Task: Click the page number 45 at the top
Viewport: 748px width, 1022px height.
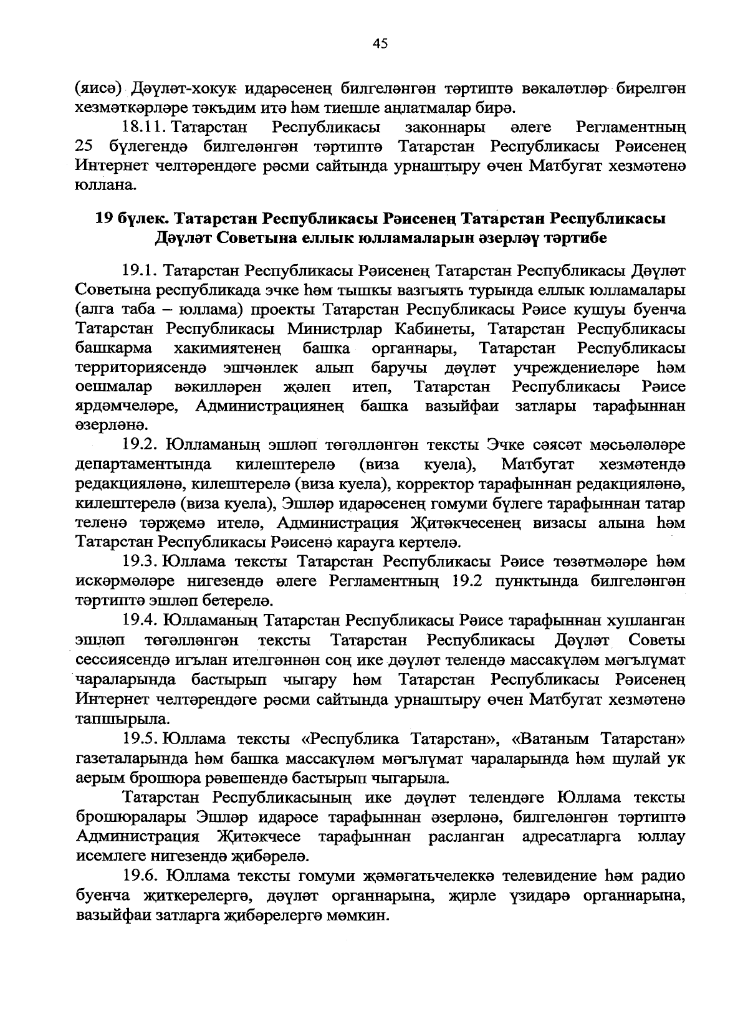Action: pyautogui.click(x=380, y=43)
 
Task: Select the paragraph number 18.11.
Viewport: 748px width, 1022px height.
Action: pyautogui.click(x=143, y=128)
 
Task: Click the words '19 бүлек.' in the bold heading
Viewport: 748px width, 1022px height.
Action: pyautogui.click(x=130, y=219)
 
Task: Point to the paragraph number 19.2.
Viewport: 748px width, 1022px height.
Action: pyautogui.click(x=142, y=446)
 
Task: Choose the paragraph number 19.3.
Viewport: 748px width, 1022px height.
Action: pyautogui.click(x=141, y=562)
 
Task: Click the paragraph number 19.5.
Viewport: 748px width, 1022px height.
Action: pyautogui.click(x=141, y=740)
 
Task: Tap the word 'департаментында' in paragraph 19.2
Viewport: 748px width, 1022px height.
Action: pyautogui.click(x=143, y=465)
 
